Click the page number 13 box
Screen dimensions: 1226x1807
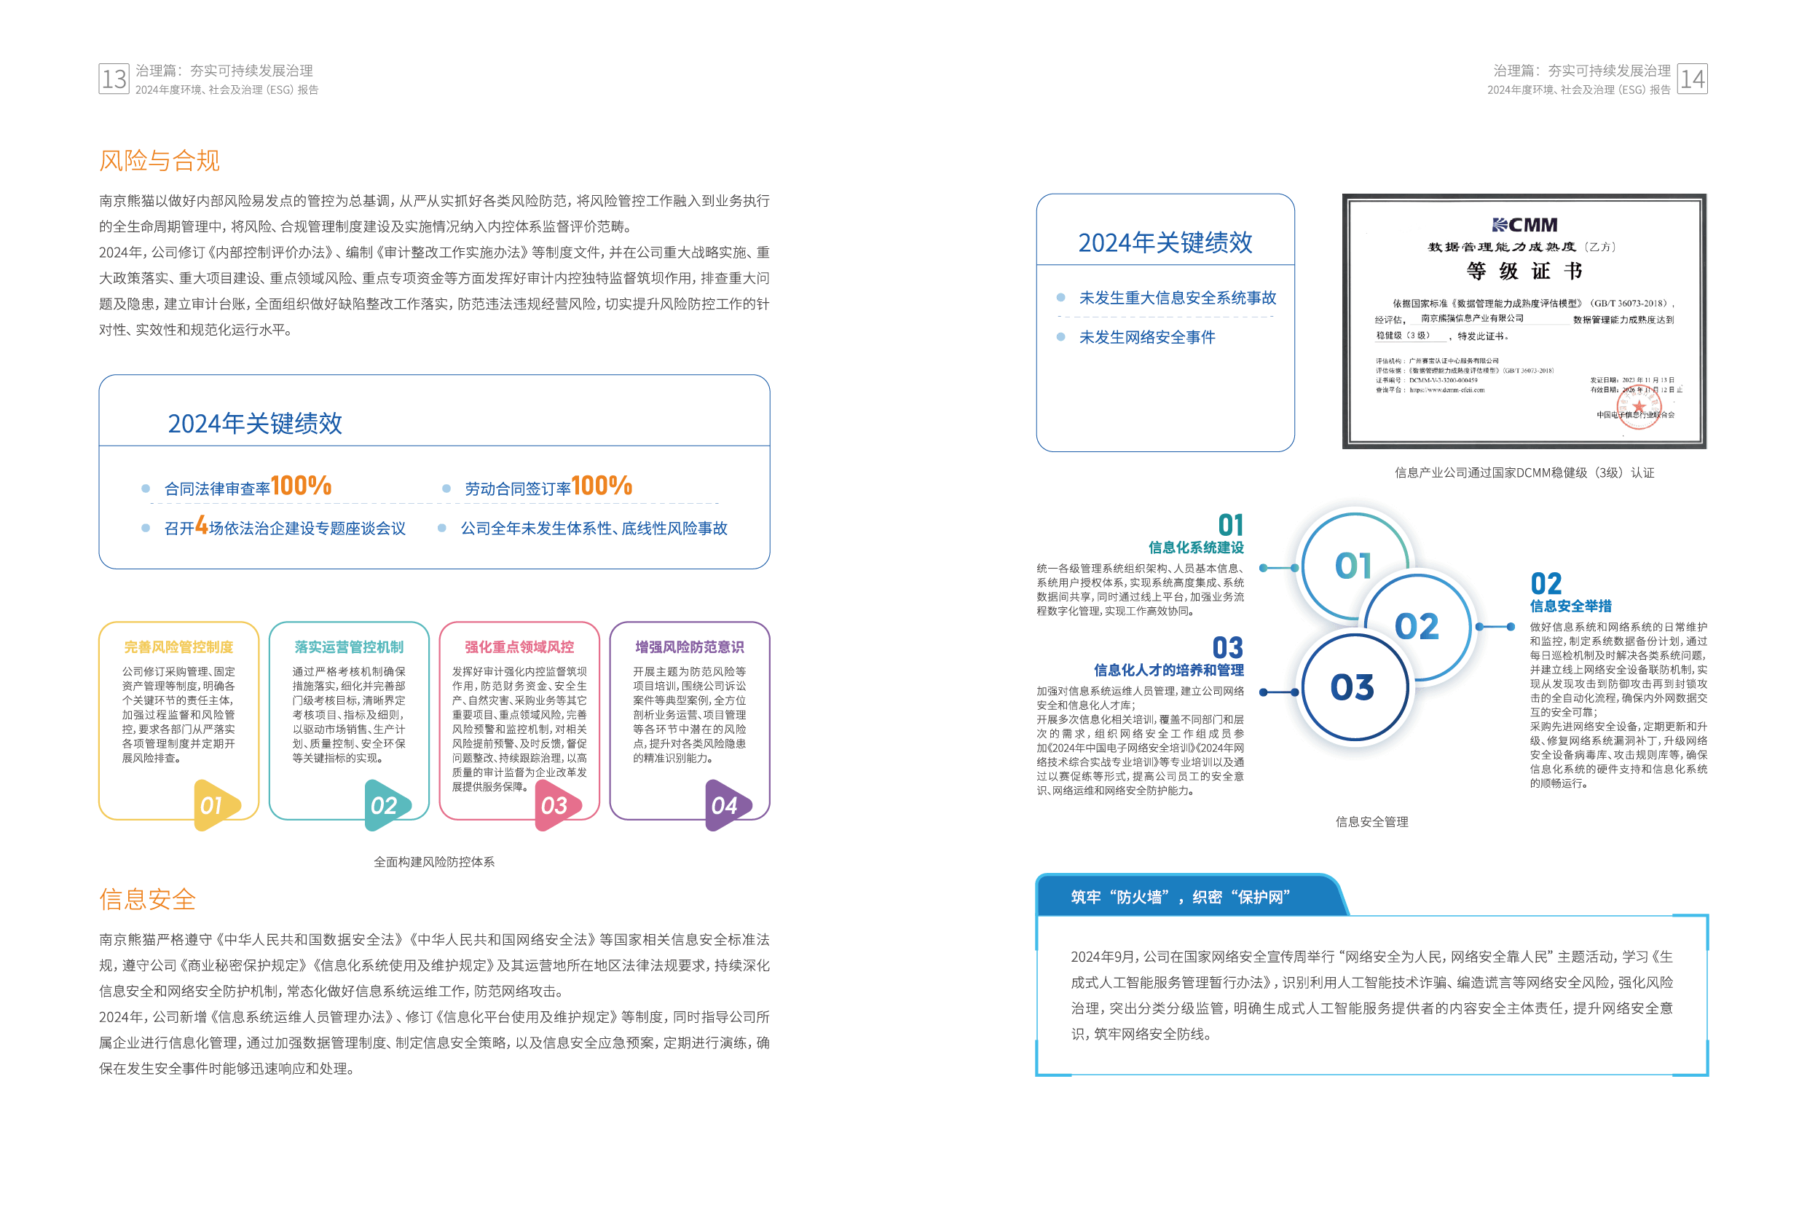coord(114,79)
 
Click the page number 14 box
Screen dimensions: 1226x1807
coord(1692,79)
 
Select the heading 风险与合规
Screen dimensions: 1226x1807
coord(160,160)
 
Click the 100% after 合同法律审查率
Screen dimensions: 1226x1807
coord(301,486)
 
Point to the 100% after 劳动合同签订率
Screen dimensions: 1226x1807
coord(602,486)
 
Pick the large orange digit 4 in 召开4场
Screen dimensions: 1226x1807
coord(201,526)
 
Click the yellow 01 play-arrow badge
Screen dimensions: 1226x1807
coord(214,805)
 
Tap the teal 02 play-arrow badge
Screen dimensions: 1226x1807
coord(385,805)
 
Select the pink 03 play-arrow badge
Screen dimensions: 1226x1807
coord(555,805)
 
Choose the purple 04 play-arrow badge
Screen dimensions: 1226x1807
coord(725,805)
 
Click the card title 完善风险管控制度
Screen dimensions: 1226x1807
coord(179,646)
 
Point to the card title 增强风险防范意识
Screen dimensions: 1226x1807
coord(690,646)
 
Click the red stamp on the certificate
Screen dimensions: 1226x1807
coord(1638,406)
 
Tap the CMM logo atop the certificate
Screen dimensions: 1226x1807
coord(1524,225)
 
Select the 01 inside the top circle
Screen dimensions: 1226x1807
coord(1353,566)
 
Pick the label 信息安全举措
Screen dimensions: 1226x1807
coord(1570,606)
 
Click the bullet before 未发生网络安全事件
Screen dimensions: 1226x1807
coord(1060,336)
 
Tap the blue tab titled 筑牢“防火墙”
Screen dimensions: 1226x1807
coord(1182,897)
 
